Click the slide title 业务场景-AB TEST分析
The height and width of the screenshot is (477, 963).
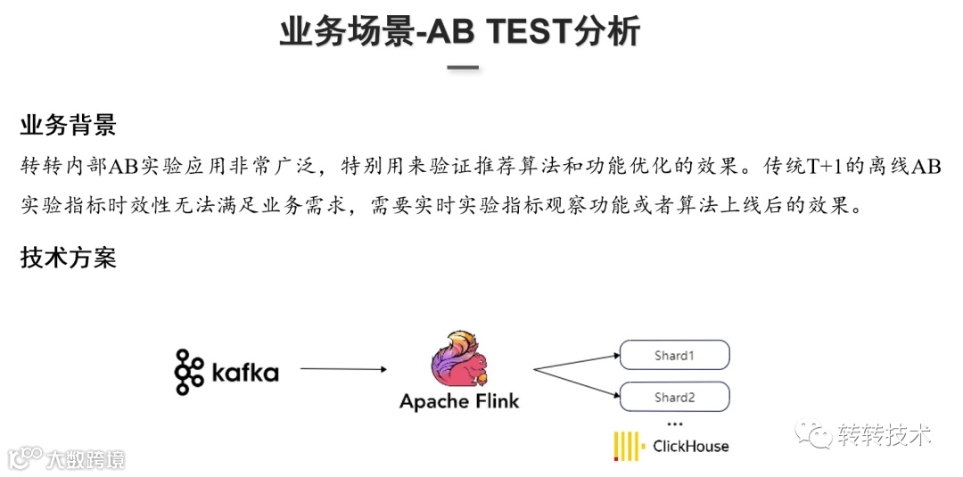pyautogui.click(x=459, y=32)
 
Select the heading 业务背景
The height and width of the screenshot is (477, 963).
pyautogui.click(x=69, y=125)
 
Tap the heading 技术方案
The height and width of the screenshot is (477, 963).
pyautogui.click(x=69, y=259)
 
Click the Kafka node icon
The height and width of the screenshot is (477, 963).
pyautogui.click(x=189, y=371)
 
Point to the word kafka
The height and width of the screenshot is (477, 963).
pyautogui.click(x=245, y=372)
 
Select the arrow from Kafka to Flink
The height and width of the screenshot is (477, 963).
pyautogui.click(x=342, y=368)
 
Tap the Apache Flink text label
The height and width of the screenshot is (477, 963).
pyautogui.click(x=459, y=401)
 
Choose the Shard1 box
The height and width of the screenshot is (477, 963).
pyautogui.click(x=675, y=356)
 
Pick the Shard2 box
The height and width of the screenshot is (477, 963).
pyautogui.click(x=675, y=397)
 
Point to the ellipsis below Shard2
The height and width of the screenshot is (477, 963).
pyautogui.click(x=674, y=424)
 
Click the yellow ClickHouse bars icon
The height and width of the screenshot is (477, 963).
pyautogui.click(x=629, y=446)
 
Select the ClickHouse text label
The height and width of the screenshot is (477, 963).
pyautogui.click(x=690, y=446)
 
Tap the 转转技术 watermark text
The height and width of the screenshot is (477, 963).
pyautogui.click(x=885, y=435)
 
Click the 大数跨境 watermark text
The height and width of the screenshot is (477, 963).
pyautogui.click(x=86, y=459)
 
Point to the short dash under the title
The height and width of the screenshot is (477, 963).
pyautogui.click(x=463, y=67)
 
